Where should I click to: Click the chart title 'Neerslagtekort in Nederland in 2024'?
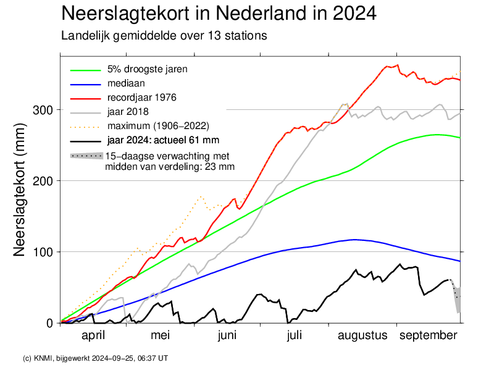219,13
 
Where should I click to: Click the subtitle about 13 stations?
164,36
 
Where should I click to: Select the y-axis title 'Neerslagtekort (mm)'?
19,190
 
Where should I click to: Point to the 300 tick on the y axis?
43,110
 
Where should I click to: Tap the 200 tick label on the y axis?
43,181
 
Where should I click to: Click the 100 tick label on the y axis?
43,251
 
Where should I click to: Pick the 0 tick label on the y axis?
49,323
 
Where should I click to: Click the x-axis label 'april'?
93,335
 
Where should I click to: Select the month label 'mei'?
161,335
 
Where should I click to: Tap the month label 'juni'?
227,335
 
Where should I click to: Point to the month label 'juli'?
295,335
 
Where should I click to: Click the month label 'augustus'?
362,336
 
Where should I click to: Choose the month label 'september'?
428,336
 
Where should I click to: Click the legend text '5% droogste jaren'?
147,69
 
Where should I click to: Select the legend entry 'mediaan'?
126,83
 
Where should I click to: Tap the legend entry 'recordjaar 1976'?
142,98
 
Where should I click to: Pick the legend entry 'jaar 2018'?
128,112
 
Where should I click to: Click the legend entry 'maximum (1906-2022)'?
158,126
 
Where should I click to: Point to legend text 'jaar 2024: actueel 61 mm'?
163,140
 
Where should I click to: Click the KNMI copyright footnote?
96,358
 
